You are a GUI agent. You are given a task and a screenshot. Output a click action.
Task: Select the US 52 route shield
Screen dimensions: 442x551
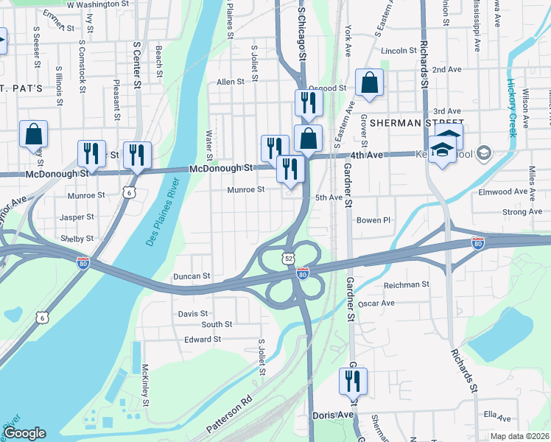tap(287, 258)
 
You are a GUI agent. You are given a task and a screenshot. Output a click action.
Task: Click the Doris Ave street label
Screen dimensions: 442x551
tap(334, 415)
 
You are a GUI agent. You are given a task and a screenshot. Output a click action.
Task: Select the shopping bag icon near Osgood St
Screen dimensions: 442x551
tap(369, 85)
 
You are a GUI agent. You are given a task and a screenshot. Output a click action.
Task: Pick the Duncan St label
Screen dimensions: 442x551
tap(192, 276)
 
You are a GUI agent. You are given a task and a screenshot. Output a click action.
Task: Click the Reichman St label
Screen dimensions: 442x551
tap(407, 284)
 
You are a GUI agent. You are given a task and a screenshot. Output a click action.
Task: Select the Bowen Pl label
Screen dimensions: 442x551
tap(373, 220)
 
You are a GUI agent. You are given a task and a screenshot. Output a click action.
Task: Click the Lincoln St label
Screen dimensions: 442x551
tap(400, 51)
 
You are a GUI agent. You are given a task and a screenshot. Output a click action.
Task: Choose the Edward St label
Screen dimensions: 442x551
tap(203, 340)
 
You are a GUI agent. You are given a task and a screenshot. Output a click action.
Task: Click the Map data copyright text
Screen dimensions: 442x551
tap(520, 436)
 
